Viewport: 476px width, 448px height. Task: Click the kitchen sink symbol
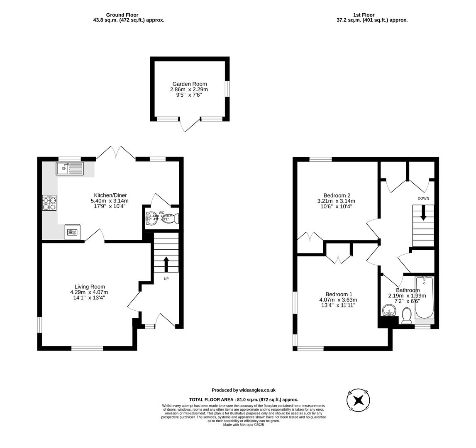(70, 168)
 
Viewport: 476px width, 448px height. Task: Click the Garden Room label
(189, 84)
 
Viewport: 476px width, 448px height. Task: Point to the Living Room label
(90, 287)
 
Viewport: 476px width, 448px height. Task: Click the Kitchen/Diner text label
(110, 195)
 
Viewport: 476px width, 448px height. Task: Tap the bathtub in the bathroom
(424, 297)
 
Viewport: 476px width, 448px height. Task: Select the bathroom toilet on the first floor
(407, 316)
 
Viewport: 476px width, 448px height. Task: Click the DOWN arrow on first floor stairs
(423, 213)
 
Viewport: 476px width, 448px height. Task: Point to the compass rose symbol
(358, 400)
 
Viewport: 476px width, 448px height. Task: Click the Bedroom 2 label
(337, 195)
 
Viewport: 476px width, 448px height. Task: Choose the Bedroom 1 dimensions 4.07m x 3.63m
(338, 300)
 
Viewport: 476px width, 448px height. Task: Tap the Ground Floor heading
(122, 15)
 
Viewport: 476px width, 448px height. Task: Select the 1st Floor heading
(364, 15)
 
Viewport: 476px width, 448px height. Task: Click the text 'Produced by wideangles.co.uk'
(244, 390)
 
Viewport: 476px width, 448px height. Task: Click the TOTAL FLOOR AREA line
(244, 399)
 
